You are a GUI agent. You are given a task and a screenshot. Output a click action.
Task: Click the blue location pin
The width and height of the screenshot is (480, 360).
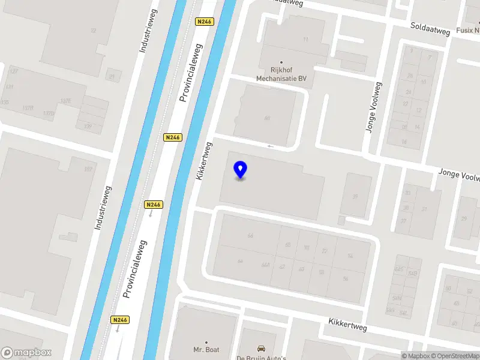click(x=241, y=170)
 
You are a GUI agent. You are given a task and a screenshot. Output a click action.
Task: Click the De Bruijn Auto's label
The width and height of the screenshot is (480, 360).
click(x=261, y=358)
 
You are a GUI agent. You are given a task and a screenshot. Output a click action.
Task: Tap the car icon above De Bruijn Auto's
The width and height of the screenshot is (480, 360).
click(x=261, y=348)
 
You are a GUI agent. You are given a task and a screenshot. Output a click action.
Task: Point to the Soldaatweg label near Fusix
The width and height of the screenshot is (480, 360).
click(x=430, y=27)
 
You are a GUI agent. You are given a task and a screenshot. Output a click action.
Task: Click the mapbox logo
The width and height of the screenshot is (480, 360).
click(x=26, y=352)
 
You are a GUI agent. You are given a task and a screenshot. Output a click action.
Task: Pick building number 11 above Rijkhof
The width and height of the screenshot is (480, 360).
click(x=305, y=40)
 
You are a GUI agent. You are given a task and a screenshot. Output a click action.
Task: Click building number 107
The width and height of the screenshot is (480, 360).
click(x=89, y=169)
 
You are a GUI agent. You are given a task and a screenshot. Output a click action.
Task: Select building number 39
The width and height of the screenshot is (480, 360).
click(x=355, y=196)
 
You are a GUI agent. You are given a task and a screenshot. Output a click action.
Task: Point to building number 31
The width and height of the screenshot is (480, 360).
click(x=424, y=209)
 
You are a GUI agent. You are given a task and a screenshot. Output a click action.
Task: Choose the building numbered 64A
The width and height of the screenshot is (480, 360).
click(x=265, y=264)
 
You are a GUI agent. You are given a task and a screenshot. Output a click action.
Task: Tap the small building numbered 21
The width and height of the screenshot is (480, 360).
click(x=112, y=76)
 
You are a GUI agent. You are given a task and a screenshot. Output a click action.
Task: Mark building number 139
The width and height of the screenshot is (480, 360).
click(x=88, y=126)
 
